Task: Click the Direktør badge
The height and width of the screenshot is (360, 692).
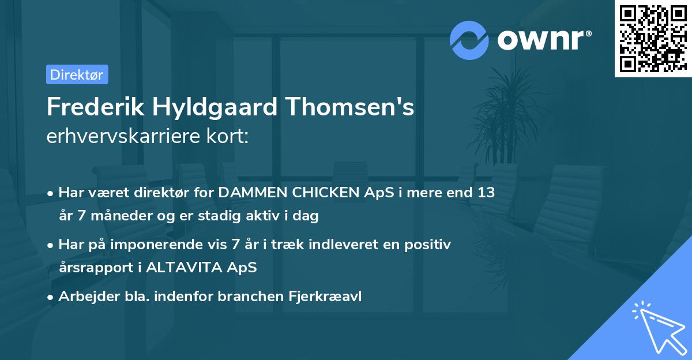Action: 77,74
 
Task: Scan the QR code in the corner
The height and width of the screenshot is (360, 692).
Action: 653,38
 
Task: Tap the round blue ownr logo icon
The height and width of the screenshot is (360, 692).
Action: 469,40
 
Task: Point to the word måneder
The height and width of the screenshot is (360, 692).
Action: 113,216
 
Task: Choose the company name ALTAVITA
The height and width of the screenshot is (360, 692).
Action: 193,268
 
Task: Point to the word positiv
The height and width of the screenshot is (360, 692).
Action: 430,245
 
